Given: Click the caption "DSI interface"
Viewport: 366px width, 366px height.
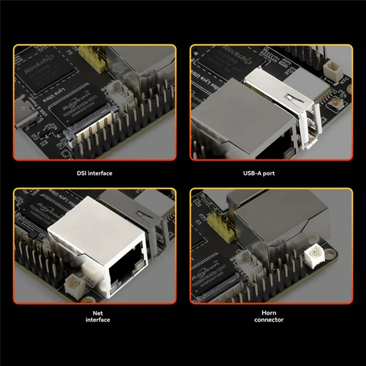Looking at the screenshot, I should pyautogui.click(x=94, y=173).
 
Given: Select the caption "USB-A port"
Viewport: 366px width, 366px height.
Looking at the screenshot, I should pyautogui.click(x=271, y=173).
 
